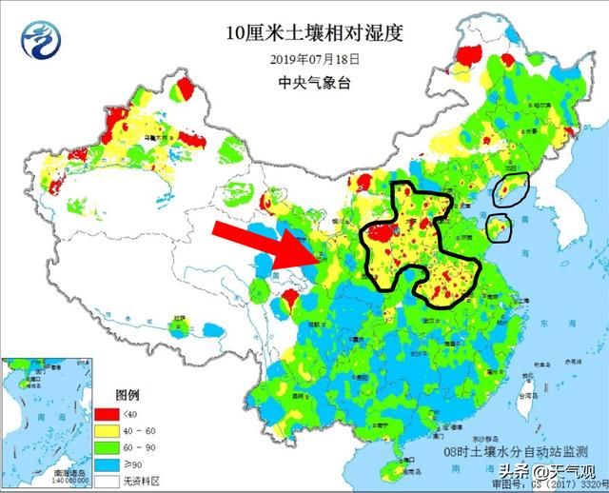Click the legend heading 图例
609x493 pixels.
coord(128,394)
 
